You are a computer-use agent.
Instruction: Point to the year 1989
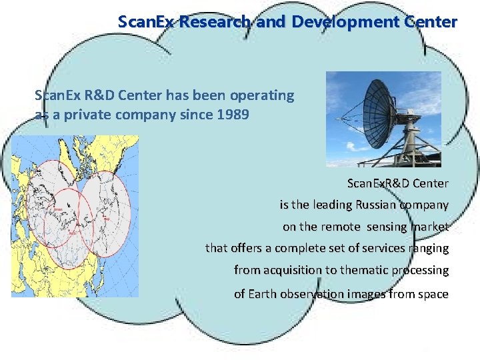pos(233,115)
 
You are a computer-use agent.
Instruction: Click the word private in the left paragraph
pos(87,115)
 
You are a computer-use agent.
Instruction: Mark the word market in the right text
pos(429,227)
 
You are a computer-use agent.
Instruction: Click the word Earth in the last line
pos(263,294)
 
